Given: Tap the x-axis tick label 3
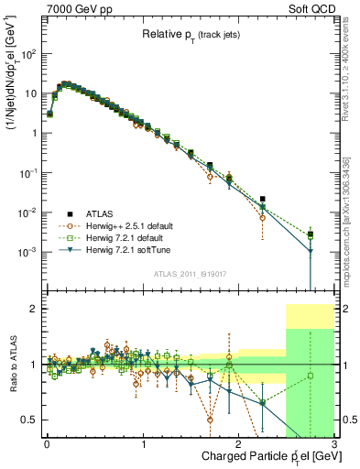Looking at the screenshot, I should pos(334,443).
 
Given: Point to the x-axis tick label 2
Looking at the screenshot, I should pos(239,443).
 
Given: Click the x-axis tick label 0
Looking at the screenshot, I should pos(48,443).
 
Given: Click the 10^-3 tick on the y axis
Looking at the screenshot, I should pos(27,252).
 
